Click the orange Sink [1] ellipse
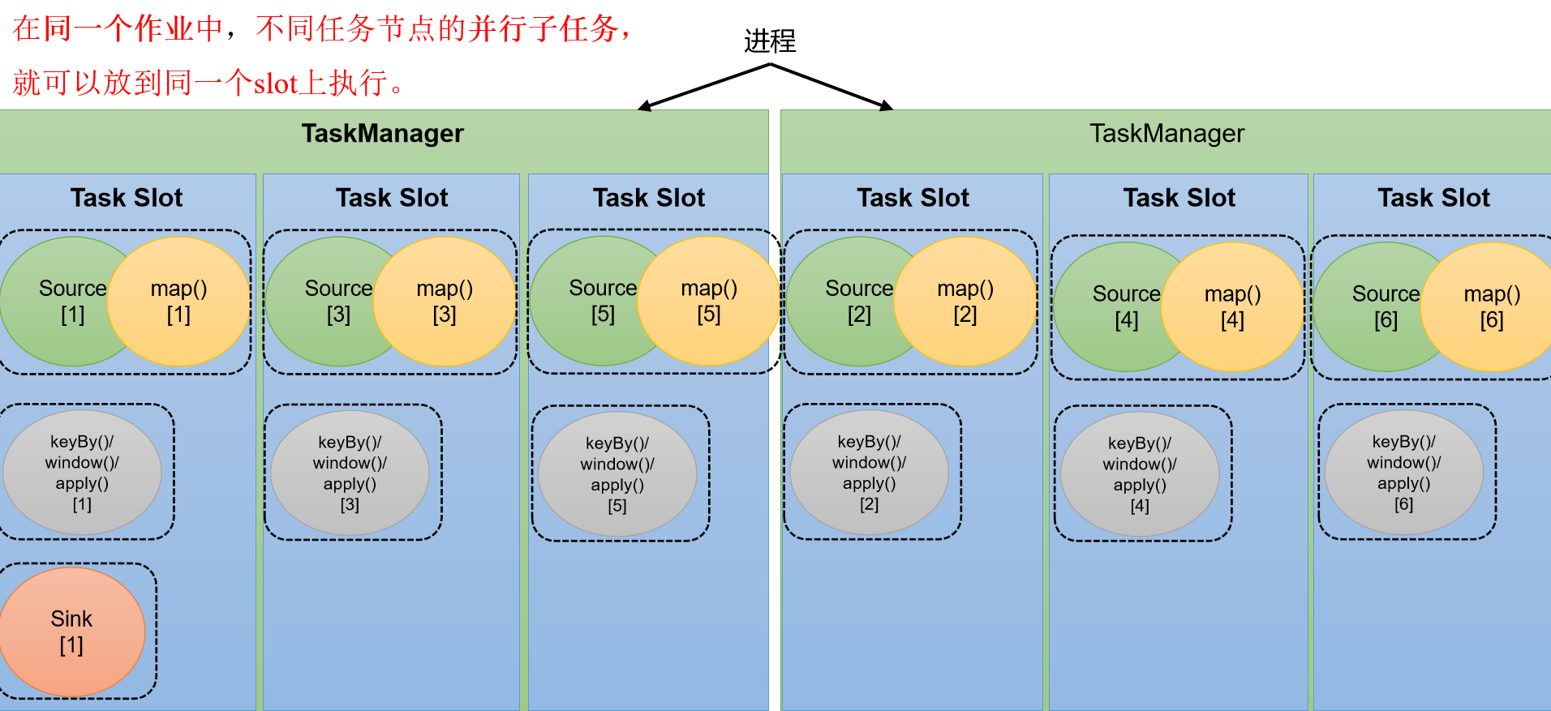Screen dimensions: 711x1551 (71, 632)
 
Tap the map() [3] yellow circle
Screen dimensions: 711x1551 (445, 302)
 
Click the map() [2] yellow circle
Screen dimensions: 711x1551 (965, 302)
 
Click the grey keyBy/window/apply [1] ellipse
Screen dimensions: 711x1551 (82, 473)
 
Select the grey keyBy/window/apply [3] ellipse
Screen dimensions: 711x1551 (350, 473)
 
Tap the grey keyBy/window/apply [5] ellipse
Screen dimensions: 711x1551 (617, 474)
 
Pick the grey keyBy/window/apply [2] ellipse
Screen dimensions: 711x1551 (869, 473)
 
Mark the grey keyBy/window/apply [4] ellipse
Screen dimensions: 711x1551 (1140, 474)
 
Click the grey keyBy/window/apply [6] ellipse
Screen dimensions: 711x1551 (1404, 473)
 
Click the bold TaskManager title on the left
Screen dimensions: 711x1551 (382, 134)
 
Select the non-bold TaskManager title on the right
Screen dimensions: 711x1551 (1166, 134)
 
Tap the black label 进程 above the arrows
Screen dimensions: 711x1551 (770, 41)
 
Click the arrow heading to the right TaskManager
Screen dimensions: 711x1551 (832, 86)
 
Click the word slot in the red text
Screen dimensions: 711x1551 (276, 84)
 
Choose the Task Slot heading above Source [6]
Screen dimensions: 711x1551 (1433, 198)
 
